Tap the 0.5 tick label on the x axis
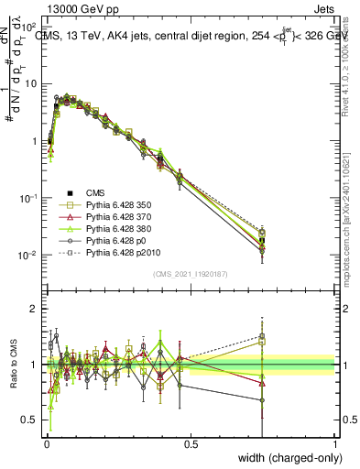pos(191,445)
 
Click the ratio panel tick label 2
pos(33,309)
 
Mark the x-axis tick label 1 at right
pos(334,445)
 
